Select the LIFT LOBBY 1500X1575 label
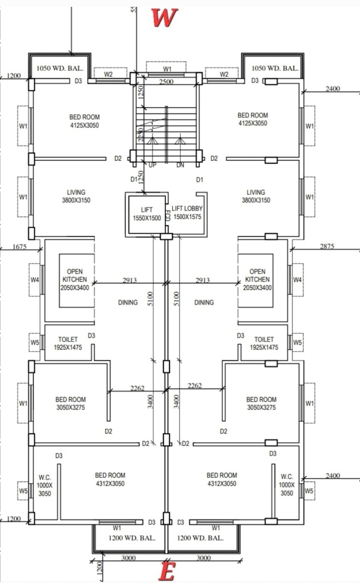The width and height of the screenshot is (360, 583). tap(187, 213)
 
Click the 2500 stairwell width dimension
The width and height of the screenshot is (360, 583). tap(166, 82)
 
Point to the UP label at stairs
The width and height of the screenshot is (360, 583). tap(153, 165)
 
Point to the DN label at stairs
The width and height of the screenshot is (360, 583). tap(180, 165)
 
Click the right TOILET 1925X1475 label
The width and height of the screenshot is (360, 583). tap(264, 343)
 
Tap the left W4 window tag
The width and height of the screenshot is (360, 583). tap(35, 280)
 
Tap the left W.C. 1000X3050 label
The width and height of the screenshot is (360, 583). tap(45, 485)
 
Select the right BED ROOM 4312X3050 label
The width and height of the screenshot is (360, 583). tap(221, 479)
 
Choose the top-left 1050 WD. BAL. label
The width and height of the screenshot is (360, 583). tap(59, 69)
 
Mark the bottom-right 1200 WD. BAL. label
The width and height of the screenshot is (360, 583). tap(200, 538)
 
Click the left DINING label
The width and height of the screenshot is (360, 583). tap(128, 302)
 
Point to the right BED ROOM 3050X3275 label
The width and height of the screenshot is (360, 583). tap(261, 403)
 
